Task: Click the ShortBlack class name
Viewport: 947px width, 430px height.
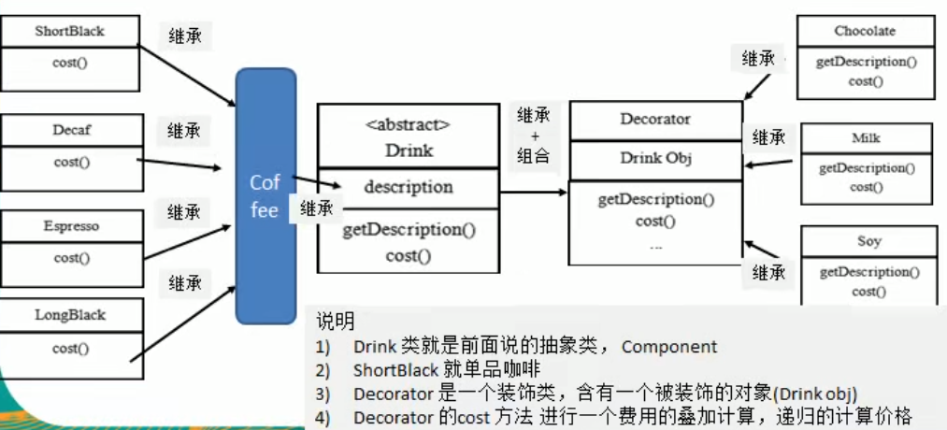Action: point(70,31)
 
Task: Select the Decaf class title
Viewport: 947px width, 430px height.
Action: point(72,130)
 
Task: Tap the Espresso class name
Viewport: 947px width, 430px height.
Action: point(71,226)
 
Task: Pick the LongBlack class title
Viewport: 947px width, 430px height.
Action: point(71,315)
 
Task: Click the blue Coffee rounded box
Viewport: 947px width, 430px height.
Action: point(265,195)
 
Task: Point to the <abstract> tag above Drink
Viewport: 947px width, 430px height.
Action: point(409,124)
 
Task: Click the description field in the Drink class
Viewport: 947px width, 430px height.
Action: point(409,187)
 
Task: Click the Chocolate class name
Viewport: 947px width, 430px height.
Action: point(865,31)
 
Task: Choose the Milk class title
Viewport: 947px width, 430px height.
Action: point(867,138)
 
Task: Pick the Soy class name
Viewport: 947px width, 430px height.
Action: point(868,241)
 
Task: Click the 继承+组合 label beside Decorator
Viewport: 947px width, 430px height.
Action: point(534,136)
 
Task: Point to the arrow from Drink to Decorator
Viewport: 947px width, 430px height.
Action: point(533,192)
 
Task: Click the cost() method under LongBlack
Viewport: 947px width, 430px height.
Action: point(72,349)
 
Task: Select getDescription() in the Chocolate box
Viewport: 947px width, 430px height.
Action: point(866,62)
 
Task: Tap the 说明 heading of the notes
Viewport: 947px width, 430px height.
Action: point(335,322)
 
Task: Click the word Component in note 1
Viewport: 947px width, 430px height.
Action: point(669,347)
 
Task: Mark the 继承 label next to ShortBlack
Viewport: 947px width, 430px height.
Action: point(184,36)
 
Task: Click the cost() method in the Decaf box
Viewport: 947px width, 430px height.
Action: point(72,162)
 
